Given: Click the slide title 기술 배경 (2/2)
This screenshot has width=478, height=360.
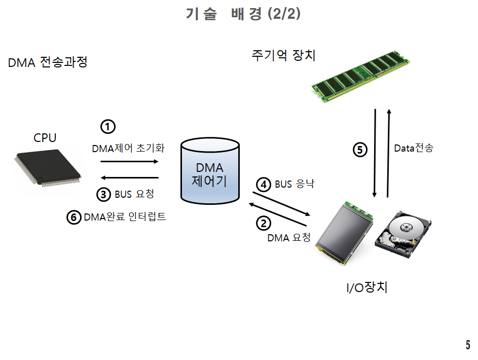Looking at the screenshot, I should (243, 14).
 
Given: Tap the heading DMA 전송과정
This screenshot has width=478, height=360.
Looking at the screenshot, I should (48, 63).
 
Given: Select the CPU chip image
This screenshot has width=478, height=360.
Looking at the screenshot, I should (47, 167).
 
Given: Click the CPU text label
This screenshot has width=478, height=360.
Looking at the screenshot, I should (45, 137).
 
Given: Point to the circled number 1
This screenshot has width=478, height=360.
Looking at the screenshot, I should (108, 126).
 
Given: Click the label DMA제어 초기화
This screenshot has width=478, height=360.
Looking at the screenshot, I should (128, 149).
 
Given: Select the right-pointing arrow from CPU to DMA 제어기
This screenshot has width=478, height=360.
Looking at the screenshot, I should (130, 162).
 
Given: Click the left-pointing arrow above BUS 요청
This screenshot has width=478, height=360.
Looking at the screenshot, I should (130, 177).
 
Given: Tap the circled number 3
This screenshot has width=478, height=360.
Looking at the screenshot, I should (103, 194).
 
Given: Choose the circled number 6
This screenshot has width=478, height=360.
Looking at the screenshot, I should (74, 218).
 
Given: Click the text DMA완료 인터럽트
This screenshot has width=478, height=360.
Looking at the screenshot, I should (125, 217).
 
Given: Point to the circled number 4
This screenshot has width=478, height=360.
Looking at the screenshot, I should (263, 185).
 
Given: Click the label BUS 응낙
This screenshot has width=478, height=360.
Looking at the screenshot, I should (295, 184).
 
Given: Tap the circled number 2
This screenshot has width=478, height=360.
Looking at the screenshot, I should (263, 223).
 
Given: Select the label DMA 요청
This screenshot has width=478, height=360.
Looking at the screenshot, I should (289, 237).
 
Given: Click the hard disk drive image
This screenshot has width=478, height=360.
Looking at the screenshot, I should (404, 234).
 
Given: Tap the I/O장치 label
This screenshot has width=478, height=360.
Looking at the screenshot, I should (367, 287).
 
